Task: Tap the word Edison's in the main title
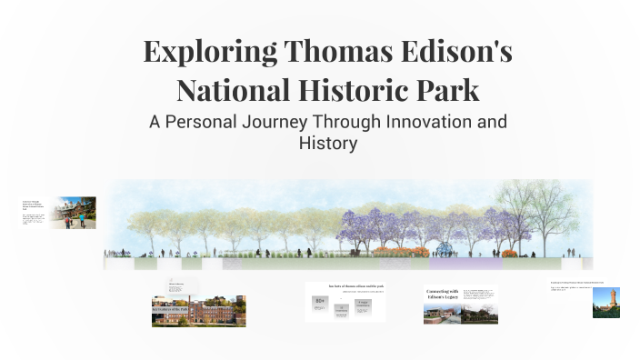coord(458,51)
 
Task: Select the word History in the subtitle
coord(327,143)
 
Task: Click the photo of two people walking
coord(74,213)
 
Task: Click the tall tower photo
coord(605,303)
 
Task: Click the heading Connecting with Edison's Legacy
coord(441,295)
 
